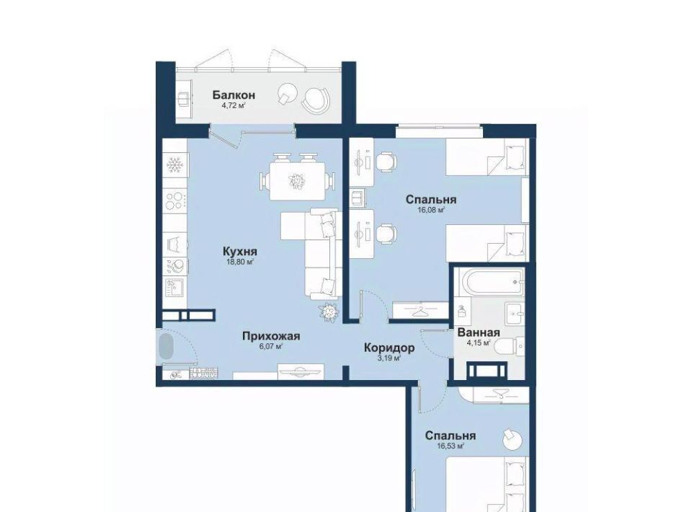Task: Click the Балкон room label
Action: pos(234,95)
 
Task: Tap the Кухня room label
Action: pos(239,252)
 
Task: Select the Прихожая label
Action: pos(271,336)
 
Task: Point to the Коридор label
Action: pos(389,348)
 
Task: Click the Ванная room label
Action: pos(479,333)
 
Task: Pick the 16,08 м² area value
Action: pos(431,210)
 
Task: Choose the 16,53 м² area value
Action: pos(450,446)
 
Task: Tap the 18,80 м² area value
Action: pos(239,262)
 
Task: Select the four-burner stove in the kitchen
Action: pos(174,200)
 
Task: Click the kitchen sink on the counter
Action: pos(174,287)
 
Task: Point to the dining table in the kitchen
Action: pos(298,181)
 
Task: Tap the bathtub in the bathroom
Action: pos(492,281)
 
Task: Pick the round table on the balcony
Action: pos(288,94)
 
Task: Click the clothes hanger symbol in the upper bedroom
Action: pos(420,311)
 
